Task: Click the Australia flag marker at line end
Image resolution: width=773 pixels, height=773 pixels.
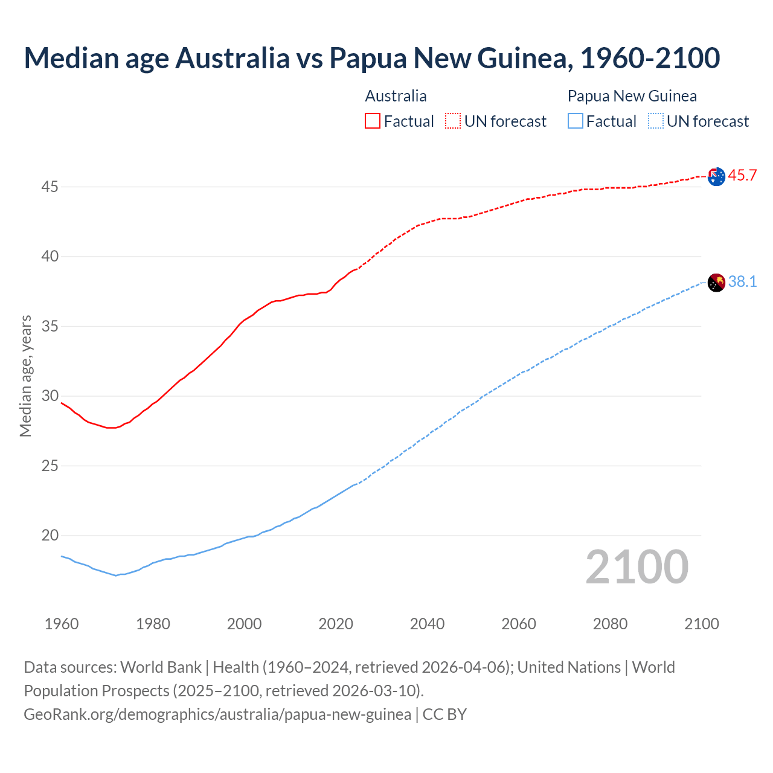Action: [716, 177]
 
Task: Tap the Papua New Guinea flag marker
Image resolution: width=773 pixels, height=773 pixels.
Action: [716, 283]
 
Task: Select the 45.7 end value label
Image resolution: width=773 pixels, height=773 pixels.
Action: [742, 176]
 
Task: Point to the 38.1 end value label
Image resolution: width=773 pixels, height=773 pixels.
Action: [742, 282]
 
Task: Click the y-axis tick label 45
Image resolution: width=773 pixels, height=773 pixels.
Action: [50, 187]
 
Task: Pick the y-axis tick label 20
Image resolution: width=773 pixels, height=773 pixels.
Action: [50, 536]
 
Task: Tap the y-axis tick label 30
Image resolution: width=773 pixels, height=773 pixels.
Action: [50, 396]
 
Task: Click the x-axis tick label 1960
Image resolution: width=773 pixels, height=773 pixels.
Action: [62, 624]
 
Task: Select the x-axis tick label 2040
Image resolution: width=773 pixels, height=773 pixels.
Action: [427, 624]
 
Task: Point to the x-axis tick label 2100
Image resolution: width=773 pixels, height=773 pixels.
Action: [701, 624]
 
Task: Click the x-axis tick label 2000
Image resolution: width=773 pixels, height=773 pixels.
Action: [244, 624]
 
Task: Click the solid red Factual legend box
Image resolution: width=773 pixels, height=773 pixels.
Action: [373, 121]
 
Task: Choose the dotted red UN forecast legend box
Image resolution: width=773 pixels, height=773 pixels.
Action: [453, 121]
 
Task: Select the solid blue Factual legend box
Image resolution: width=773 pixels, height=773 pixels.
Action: [576, 121]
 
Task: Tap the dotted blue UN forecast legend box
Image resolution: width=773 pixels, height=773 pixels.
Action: [656, 121]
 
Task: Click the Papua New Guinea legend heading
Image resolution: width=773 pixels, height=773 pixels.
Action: [632, 96]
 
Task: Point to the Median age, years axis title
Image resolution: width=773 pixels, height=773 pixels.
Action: [25, 376]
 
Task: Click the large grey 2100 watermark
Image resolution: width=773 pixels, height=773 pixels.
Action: [637, 567]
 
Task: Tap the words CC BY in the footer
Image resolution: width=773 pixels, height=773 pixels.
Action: [444, 714]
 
